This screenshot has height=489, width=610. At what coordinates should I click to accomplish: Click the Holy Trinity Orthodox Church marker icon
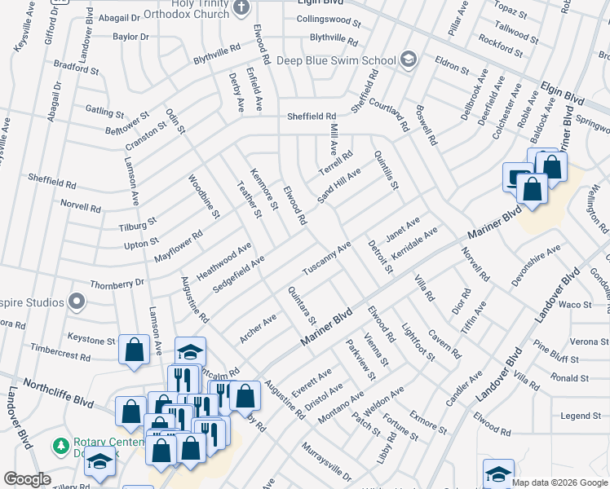pyautogui.click(x=241, y=7)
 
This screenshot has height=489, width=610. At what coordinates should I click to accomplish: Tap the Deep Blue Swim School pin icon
pyautogui.click(x=409, y=59)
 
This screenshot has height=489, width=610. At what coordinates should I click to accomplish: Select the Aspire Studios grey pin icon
pyautogui.click(x=77, y=302)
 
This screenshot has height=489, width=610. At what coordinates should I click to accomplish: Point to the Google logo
pyautogui.click(x=27, y=479)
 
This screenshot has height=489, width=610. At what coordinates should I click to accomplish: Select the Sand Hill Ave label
pyautogui.click(x=338, y=187)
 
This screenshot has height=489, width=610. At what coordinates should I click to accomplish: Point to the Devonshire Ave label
pyautogui.click(x=535, y=262)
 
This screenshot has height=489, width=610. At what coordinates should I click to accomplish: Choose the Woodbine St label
pyautogui.click(x=204, y=196)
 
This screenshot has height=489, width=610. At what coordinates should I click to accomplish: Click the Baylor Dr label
pyautogui.click(x=131, y=37)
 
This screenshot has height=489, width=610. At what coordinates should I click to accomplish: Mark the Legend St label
pyautogui.click(x=581, y=416)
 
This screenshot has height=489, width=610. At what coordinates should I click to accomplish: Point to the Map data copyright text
pyautogui.click(x=559, y=482)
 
